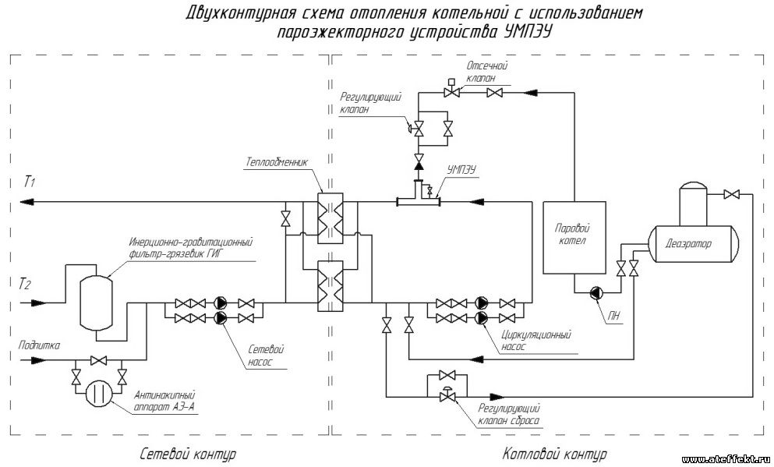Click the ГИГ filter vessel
click(x=96, y=301)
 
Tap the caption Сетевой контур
click(x=187, y=454)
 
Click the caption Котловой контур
click(x=554, y=454)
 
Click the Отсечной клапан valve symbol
click(x=451, y=93)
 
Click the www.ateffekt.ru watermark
click(x=725, y=460)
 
